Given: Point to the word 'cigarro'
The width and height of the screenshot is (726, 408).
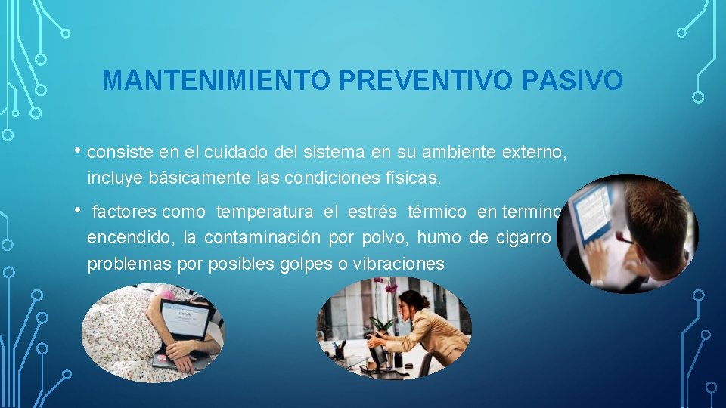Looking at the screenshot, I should tap(523, 238).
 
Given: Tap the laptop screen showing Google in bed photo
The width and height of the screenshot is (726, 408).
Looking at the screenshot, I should tap(184, 318).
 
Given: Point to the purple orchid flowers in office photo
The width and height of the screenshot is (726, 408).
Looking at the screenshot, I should tap(391, 288).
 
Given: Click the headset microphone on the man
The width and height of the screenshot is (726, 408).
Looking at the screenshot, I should tap(622, 239).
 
